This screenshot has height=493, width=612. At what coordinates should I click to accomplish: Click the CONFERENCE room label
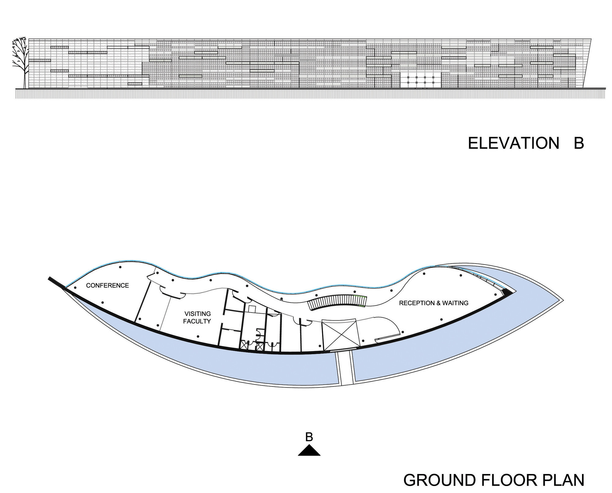coord(107,285)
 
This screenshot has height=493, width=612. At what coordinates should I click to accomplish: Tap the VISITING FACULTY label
coord(197,317)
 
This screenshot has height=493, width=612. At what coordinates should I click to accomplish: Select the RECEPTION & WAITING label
coord(434,303)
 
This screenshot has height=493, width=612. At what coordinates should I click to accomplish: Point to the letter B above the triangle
coord(309,437)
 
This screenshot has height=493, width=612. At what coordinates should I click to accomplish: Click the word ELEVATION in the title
coord(514,143)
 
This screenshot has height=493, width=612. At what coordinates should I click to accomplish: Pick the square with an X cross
coord(339,335)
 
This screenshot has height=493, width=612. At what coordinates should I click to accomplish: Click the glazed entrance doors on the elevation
coord(420,80)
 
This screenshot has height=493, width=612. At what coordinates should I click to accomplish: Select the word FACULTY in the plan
coord(197,321)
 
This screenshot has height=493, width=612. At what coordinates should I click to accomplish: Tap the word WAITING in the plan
coord(455,303)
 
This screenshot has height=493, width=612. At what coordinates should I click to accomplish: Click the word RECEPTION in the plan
coord(417,303)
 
